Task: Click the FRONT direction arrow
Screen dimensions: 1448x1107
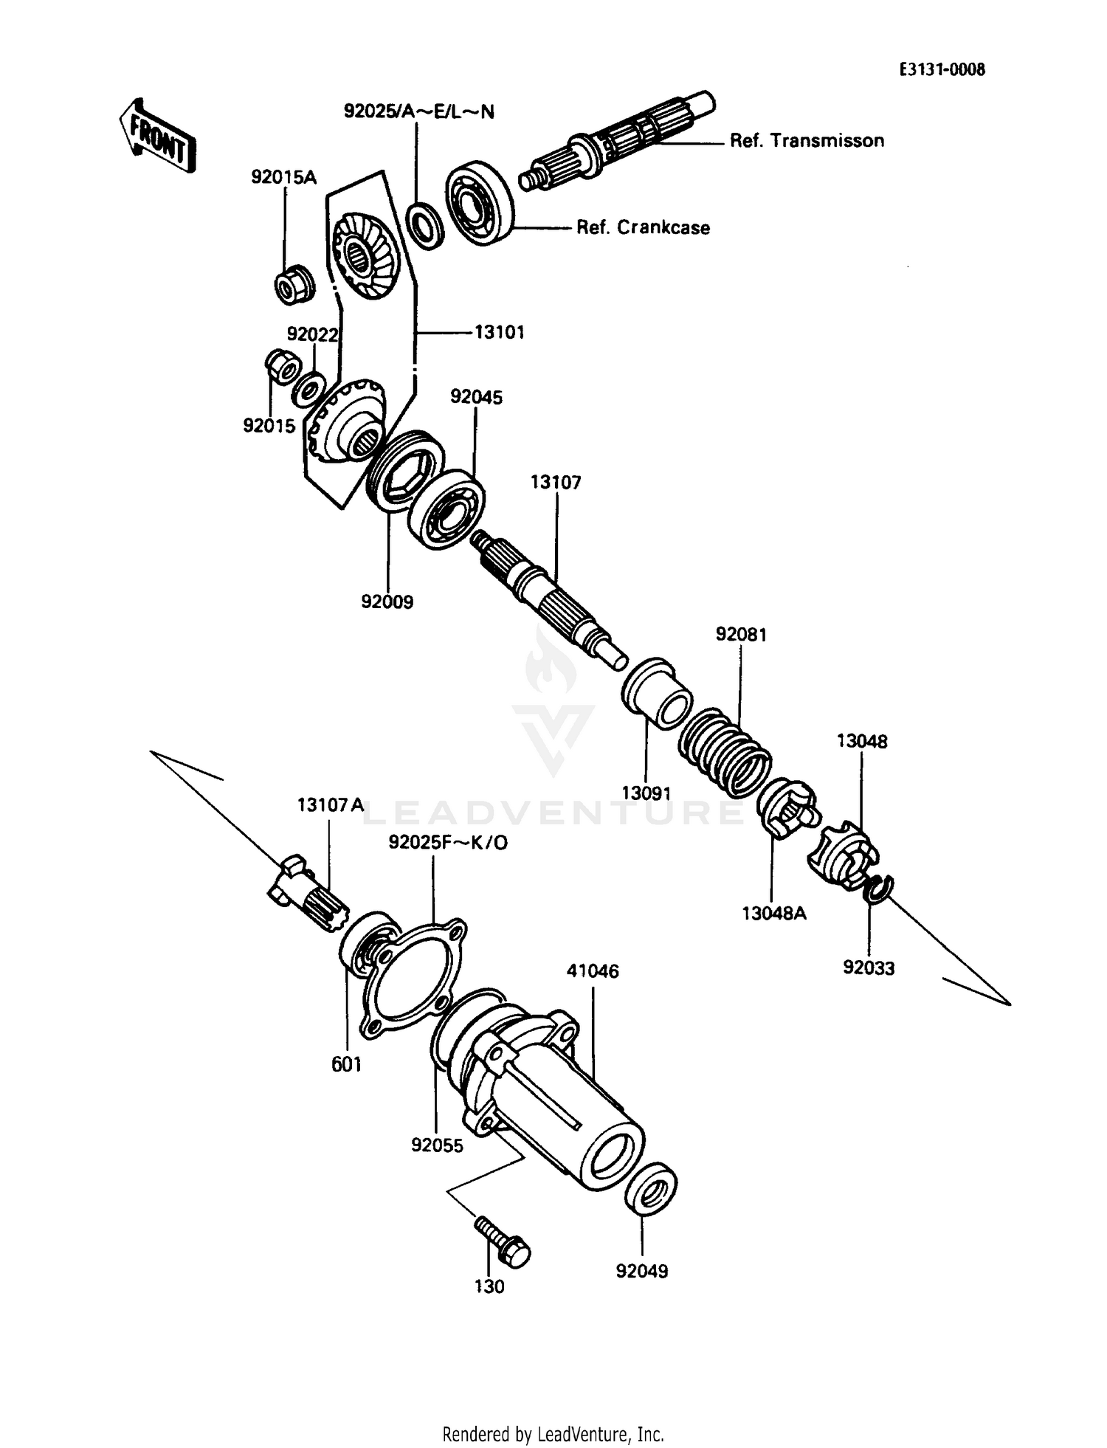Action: point(156,137)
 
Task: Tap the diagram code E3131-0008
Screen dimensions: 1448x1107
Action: point(942,69)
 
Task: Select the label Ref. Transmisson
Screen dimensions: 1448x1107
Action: point(806,141)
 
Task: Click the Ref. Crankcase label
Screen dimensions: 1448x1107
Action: point(643,227)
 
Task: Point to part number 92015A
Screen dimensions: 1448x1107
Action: point(283,177)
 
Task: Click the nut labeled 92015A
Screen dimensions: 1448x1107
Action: point(294,284)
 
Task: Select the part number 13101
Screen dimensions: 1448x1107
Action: point(499,332)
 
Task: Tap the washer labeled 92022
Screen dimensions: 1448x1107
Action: point(309,388)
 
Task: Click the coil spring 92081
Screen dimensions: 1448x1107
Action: point(725,753)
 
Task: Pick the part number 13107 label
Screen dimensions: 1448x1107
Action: point(556,482)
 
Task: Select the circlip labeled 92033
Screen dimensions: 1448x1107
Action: point(877,889)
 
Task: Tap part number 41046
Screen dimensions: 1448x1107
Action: point(593,971)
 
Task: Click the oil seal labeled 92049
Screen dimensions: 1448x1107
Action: point(650,1187)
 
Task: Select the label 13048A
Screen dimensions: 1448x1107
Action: point(773,913)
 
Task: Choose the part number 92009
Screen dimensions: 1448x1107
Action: point(387,601)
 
